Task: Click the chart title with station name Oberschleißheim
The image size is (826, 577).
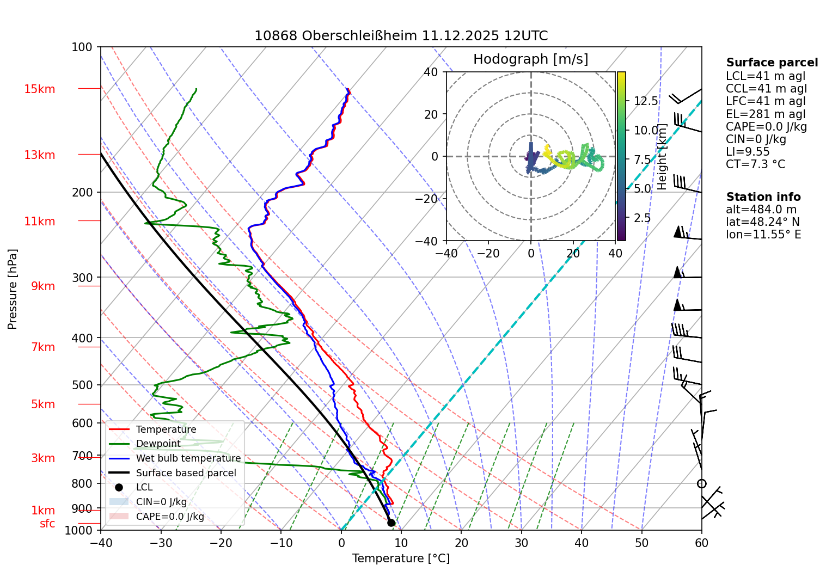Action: pyautogui.click(x=401, y=36)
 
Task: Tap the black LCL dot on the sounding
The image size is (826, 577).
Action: pyautogui.click(x=391, y=523)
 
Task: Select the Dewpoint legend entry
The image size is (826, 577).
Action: pyautogui.click(x=158, y=444)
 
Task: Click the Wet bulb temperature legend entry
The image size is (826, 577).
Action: pyautogui.click(x=188, y=458)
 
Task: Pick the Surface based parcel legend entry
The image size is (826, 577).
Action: pyautogui.click(x=186, y=473)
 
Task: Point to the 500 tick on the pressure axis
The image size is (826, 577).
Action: pyautogui.click(x=82, y=385)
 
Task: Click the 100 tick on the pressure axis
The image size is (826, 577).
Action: pyautogui.click(x=82, y=47)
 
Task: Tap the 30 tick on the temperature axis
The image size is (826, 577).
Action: pyautogui.click(x=521, y=543)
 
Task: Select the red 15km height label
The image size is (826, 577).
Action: pyautogui.click(x=39, y=89)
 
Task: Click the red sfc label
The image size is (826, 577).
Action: pyautogui.click(x=47, y=524)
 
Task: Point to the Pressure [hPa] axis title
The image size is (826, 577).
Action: pyautogui.click(x=13, y=289)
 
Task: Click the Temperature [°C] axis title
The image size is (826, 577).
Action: pyautogui.click(x=401, y=558)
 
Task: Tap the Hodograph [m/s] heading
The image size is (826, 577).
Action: pyautogui.click(x=530, y=59)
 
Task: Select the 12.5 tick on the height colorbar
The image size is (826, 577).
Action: pyautogui.click(x=646, y=101)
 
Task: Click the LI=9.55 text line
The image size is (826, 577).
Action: pyautogui.click(x=748, y=152)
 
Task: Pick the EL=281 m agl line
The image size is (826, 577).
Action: pyautogui.click(x=765, y=114)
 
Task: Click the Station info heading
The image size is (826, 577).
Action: pyautogui.click(x=763, y=197)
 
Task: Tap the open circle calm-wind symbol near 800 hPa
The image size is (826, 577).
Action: pyautogui.click(x=701, y=484)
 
